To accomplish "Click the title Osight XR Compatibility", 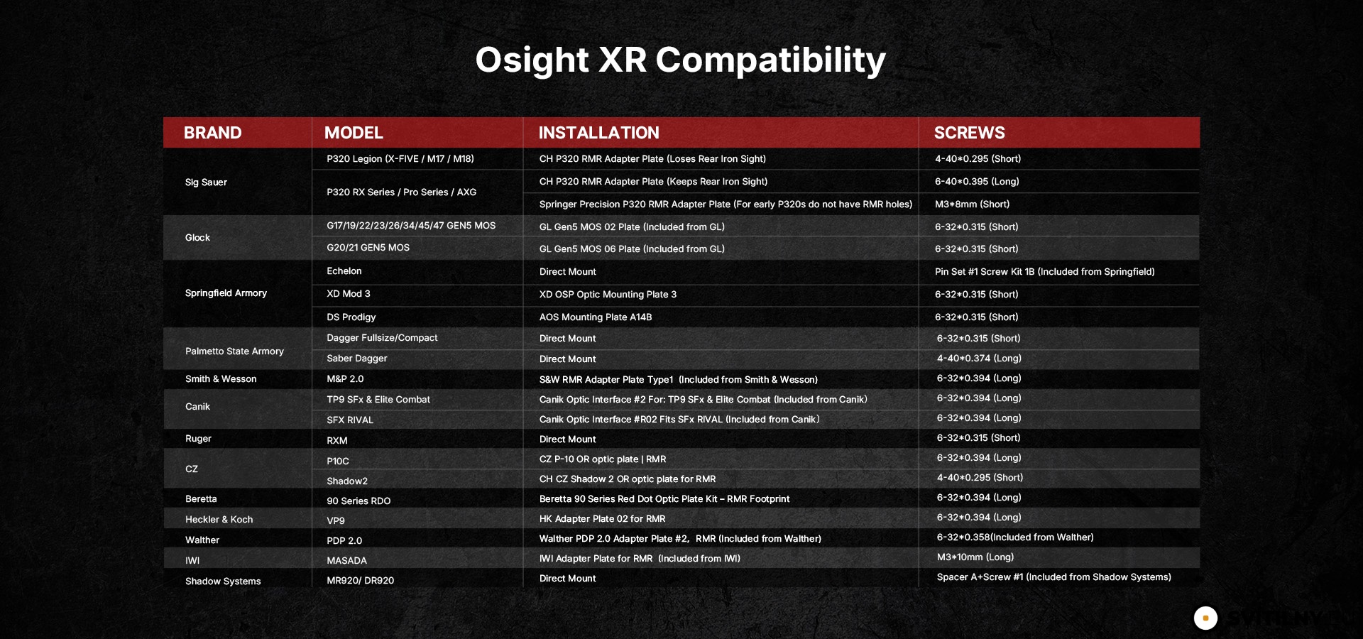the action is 680,60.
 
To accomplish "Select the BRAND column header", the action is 212,133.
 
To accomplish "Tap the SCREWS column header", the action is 969,133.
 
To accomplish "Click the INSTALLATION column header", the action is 598,133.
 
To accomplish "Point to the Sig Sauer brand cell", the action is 206,182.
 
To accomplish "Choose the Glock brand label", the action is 197,238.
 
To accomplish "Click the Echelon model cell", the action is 344,271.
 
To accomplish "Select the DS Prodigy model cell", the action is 351,317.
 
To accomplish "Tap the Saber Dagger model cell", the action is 356,359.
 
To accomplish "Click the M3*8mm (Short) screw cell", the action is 972,204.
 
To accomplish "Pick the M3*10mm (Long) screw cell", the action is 975,557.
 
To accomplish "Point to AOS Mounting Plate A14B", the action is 595,317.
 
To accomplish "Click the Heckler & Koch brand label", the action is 219,520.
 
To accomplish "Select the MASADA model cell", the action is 346,561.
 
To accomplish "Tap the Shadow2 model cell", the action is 347,481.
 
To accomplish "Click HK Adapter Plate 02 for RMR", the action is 602,519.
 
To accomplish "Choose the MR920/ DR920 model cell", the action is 360,581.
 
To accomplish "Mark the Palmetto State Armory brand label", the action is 234,351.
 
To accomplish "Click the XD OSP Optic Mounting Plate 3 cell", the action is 608,295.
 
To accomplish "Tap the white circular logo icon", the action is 1205,618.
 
